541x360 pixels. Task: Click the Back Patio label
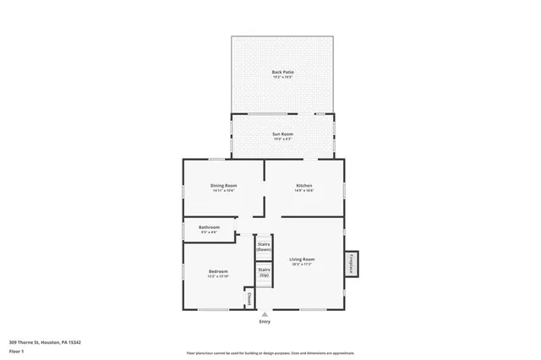coord(282,72)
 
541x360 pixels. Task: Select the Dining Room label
coord(224,185)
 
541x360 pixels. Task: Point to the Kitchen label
coord(304,185)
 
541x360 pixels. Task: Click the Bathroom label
coord(209,226)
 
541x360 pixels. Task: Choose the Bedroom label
coord(218,270)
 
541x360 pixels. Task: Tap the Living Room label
coord(302,259)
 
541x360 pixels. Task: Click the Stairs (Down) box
coord(264,248)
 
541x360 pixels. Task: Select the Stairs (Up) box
coord(264,272)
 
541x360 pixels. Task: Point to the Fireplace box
coord(351,264)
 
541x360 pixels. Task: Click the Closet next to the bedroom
coord(249,298)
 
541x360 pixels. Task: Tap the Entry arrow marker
coord(265,314)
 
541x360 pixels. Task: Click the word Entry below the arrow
coord(265,322)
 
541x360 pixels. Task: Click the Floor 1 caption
coord(17,350)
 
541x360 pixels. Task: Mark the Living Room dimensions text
coord(302,265)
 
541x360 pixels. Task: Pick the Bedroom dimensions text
coord(218,276)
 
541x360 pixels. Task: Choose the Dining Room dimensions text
coord(224,191)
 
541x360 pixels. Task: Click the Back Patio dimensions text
coord(282,77)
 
